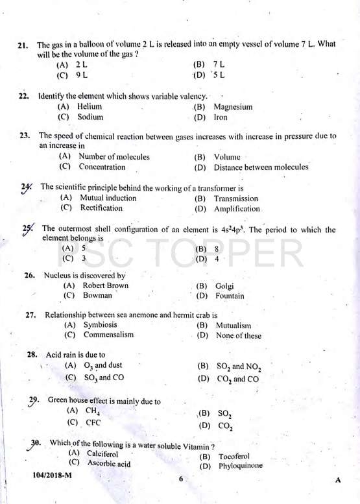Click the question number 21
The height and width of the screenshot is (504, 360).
(x=22, y=45)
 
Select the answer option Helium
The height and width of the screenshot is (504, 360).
(x=89, y=106)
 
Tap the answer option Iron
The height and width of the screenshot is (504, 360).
(x=221, y=117)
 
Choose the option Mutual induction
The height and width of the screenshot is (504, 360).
(x=108, y=198)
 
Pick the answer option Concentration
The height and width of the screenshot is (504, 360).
(x=102, y=167)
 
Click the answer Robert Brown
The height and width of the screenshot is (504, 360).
(x=105, y=285)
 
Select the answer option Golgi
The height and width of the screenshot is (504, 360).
(x=224, y=286)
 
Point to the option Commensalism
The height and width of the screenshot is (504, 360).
(x=108, y=335)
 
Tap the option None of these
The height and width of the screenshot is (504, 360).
(x=239, y=335)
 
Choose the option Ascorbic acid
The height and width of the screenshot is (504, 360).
(x=108, y=464)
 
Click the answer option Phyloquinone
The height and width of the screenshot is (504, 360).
(x=240, y=466)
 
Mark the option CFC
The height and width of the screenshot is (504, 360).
(x=93, y=422)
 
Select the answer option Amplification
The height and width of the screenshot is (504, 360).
(x=237, y=209)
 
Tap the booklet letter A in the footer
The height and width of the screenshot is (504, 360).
(x=338, y=480)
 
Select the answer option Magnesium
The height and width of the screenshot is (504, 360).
(x=233, y=107)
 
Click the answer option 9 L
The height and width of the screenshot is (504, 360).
(x=82, y=75)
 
